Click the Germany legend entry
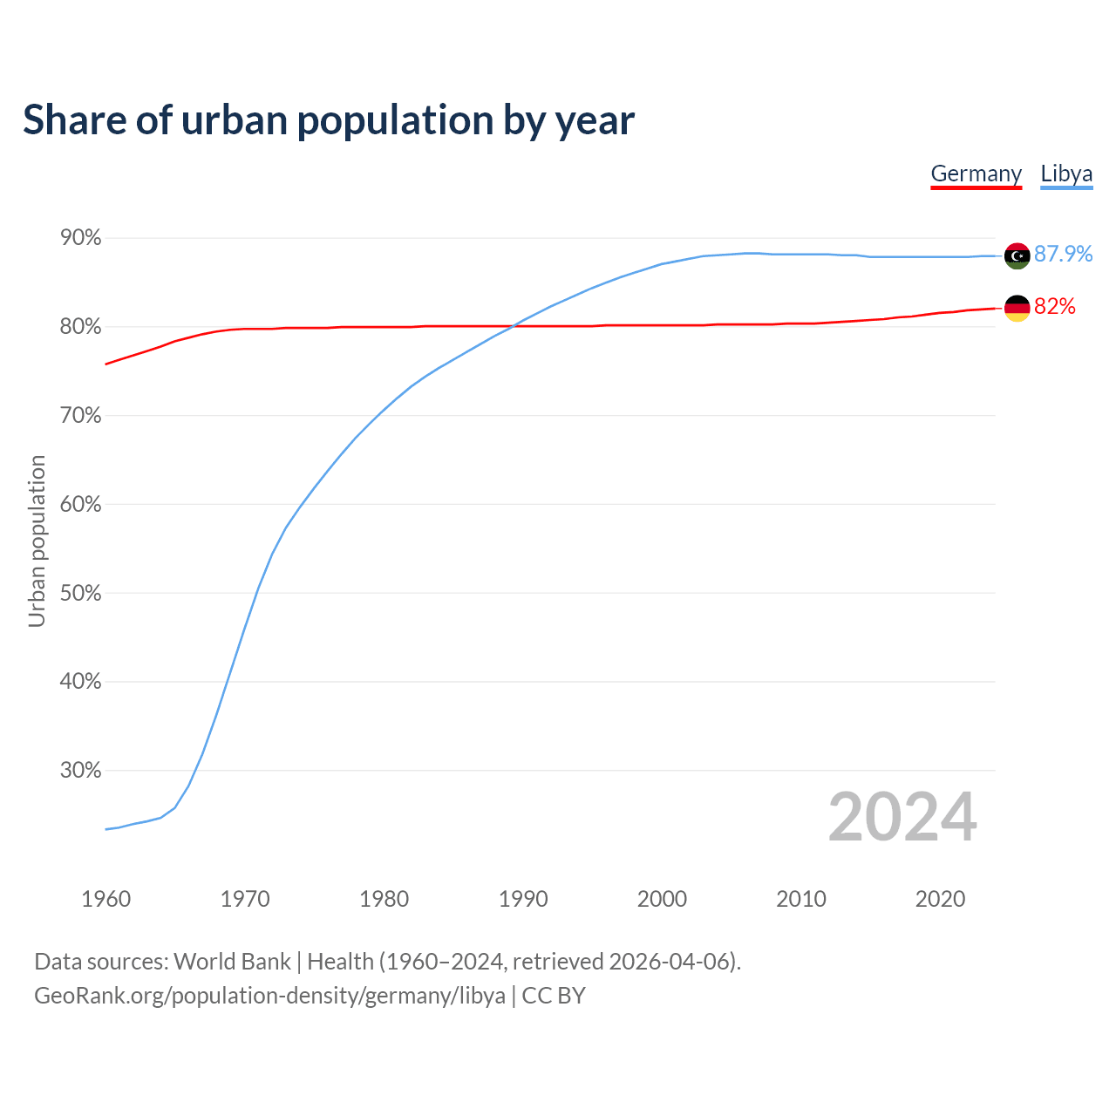976,174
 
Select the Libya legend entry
1066,174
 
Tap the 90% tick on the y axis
80,238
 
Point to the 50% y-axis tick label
80,593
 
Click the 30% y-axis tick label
80,771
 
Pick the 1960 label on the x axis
105,899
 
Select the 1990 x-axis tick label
523,899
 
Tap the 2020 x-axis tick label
940,899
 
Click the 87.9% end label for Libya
1063,254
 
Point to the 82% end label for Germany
1055,306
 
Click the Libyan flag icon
1017,255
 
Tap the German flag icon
1017,308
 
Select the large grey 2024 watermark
902,817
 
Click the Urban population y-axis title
37,541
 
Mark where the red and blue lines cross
515,326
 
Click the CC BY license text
554,996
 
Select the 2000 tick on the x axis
662,899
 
